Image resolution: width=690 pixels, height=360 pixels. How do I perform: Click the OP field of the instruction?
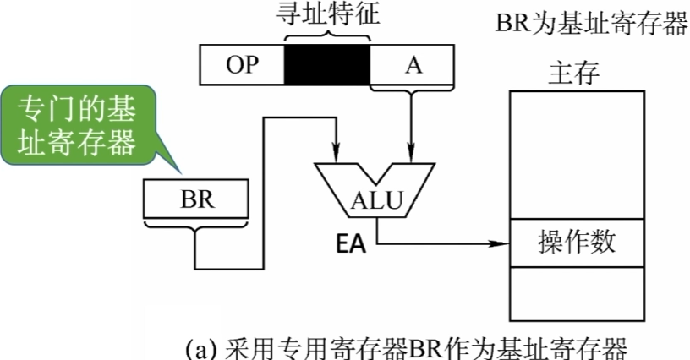(x=241, y=66)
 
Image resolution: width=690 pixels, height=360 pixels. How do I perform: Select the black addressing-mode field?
(x=326, y=66)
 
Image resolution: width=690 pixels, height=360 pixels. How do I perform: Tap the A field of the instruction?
(x=413, y=66)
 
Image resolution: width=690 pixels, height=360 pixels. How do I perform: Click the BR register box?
(x=196, y=200)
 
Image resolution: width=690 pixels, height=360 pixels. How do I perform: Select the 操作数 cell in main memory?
(x=576, y=243)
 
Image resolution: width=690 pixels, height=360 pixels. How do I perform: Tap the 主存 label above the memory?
(x=574, y=73)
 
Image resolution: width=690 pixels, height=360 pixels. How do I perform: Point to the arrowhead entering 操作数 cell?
(x=504, y=246)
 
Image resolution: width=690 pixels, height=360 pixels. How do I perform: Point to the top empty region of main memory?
(x=576, y=152)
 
